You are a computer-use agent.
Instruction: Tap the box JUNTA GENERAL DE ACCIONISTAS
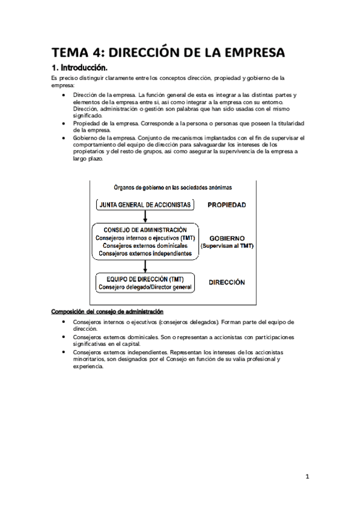(144, 205)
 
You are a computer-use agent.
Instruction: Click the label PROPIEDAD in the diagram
(227, 205)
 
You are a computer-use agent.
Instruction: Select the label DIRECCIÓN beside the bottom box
(227, 281)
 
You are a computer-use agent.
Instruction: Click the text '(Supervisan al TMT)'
(227, 247)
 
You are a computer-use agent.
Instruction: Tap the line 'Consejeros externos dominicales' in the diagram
(144, 246)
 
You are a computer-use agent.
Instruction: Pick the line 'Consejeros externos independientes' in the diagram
(144, 254)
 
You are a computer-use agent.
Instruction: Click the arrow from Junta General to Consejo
(145, 217)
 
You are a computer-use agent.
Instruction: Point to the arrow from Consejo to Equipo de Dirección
(145, 266)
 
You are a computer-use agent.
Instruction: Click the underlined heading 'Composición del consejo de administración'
(107, 312)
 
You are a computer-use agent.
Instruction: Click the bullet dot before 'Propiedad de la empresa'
(64, 123)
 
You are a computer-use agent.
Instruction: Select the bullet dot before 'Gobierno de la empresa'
(64, 138)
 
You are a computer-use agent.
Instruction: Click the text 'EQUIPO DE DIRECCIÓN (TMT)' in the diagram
(144, 280)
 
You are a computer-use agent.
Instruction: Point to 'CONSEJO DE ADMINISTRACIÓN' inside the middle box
(144, 230)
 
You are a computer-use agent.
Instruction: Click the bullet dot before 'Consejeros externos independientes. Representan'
(64, 351)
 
